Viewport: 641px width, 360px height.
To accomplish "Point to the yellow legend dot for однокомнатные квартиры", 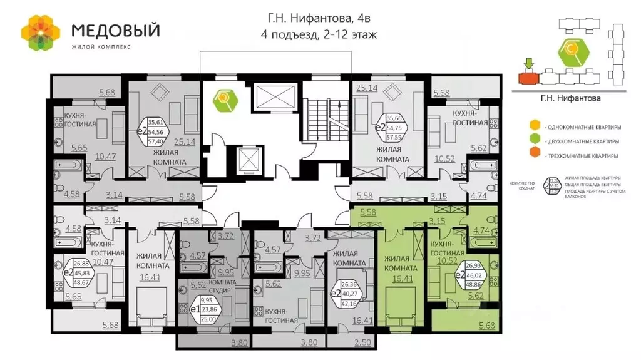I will [x=535, y=124].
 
